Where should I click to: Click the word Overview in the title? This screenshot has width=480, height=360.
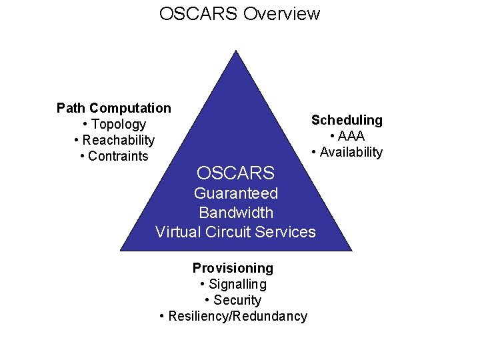[281, 13]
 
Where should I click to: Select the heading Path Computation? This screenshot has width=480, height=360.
[114, 108]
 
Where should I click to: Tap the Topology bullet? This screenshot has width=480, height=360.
[119, 124]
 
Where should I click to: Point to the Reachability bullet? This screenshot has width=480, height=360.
[118, 140]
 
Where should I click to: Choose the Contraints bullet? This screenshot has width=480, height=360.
[118, 156]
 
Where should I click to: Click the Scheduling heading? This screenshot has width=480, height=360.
[347, 120]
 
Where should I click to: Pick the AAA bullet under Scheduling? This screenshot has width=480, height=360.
[351, 136]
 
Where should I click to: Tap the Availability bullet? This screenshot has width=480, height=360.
[351, 152]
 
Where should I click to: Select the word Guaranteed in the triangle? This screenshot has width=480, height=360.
[236, 194]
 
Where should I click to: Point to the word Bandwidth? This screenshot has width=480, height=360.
[236, 213]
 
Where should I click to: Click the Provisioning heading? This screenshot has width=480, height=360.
[233, 268]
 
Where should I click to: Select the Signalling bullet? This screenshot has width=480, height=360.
[237, 284]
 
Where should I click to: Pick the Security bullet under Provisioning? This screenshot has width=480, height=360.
[237, 300]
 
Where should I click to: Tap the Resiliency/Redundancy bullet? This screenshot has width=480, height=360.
[237, 316]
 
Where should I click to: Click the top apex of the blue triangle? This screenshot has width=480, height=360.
[236, 52]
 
